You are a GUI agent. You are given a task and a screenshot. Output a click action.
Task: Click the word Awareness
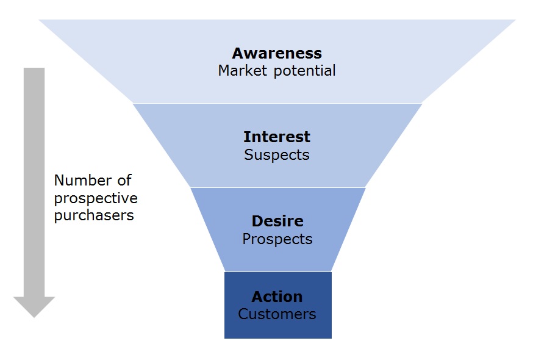click(277, 53)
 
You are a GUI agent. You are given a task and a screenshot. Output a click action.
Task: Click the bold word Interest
click(277, 137)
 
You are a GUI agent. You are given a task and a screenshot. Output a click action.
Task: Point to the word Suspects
click(277, 155)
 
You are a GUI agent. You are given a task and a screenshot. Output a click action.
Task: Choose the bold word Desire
click(277, 221)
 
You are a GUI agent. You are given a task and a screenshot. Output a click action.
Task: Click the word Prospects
click(277, 239)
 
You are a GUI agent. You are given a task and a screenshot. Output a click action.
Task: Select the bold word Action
click(277, 297)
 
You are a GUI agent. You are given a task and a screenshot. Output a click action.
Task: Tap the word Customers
click(277, 314)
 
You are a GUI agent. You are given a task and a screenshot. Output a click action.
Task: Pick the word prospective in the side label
click(96, 198)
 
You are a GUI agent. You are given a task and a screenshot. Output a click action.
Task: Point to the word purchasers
click(94, 215)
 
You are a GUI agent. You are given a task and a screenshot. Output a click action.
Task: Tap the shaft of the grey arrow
click(34, 183)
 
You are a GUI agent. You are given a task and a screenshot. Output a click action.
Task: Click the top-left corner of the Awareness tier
click(39, 20)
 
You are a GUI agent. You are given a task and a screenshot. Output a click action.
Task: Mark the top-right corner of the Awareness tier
click(516, 20)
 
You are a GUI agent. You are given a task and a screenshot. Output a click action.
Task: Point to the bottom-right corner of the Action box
click(331, 337)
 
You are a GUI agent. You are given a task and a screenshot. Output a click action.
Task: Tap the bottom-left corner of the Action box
click(225, 337)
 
